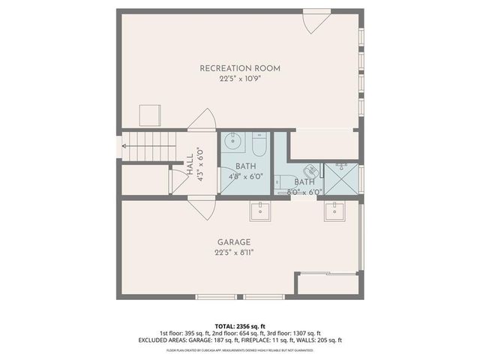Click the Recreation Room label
[240, 68]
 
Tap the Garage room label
[234, 241]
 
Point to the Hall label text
[190, 162]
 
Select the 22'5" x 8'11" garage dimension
[234, 253]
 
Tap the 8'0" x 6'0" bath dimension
[304, 192]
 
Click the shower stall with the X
[340, 180]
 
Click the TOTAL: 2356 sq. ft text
[240, 325]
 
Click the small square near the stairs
[151, 114]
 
